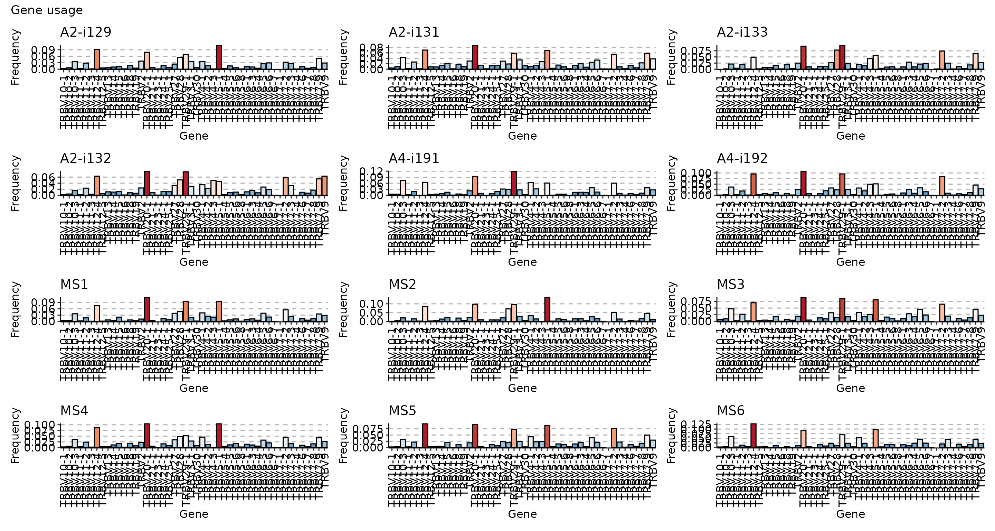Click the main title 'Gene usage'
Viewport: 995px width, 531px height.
tap(47, 10)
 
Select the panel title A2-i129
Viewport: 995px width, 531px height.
tap(86, 32)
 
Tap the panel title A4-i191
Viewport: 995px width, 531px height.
tap(414, 158)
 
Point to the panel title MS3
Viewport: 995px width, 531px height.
tap(731, 285)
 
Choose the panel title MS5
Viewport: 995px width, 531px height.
tap(402, 410)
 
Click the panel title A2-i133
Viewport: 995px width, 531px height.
tap(742, 32)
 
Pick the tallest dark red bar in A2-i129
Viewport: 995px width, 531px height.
tap(219, 57)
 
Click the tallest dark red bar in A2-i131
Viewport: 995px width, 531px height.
tap(475, 57)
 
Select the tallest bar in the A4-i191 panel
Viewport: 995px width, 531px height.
tap(514, 183)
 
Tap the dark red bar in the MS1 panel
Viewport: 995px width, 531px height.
tap(147, 309)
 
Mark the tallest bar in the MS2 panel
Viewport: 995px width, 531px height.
tap(547, 309)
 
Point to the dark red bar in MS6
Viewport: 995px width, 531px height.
tap(753, 435)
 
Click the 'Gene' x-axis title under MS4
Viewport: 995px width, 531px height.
tap(194, 514)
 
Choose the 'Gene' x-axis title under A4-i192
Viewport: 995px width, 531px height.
tap(851, 262)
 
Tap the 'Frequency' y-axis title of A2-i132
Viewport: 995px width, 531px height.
tap(15, 183)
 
